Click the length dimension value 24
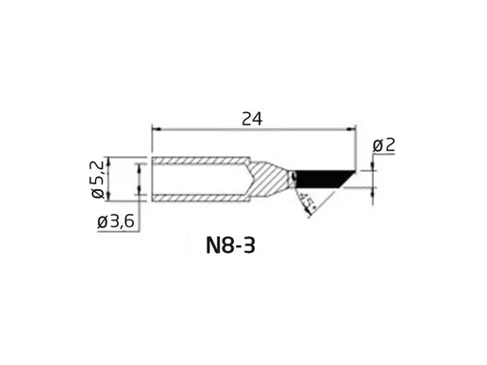tap(252, 118)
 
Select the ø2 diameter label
tap(383, 144)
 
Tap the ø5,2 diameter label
tap(99, 179)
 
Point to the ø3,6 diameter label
tap(116, 222)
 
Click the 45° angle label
tap(305, 202)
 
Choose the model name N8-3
tap(230, 246)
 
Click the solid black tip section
tap(319, 178)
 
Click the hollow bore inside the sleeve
tap(200, 178)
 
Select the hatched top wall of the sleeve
tap(200, 161)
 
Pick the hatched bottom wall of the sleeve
tap(200, 196)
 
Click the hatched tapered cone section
tap(268, 178)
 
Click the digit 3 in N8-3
tap(249, 246)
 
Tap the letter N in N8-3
tap(212, 246)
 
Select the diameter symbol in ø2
tap(378, 144)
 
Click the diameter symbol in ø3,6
tap(102, 222)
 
